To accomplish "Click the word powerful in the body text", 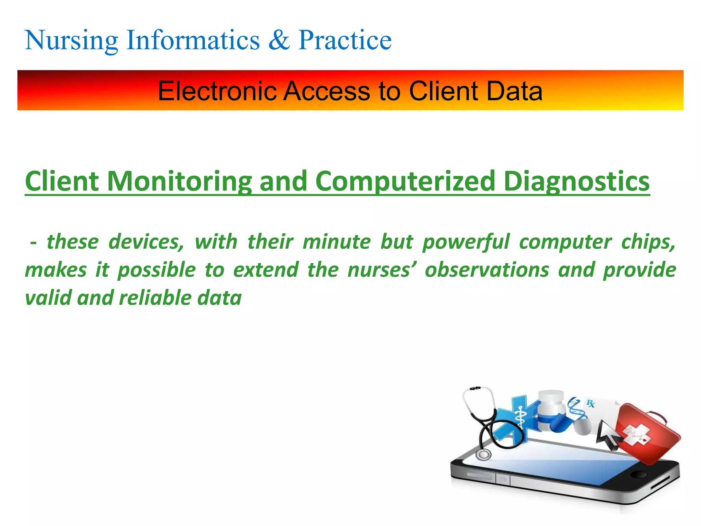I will (466, 242).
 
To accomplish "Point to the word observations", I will (487, 270).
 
